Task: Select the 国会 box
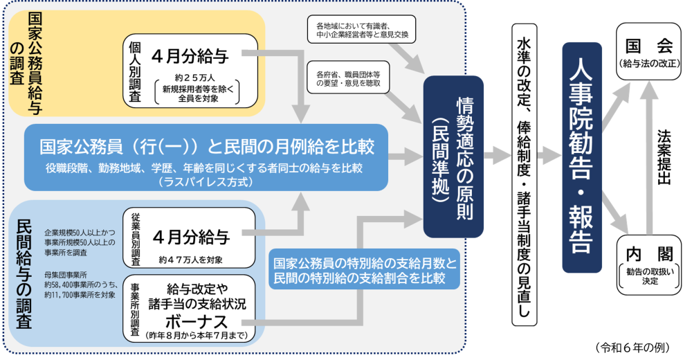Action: point(648,53)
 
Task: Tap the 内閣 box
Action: point(648,264)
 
